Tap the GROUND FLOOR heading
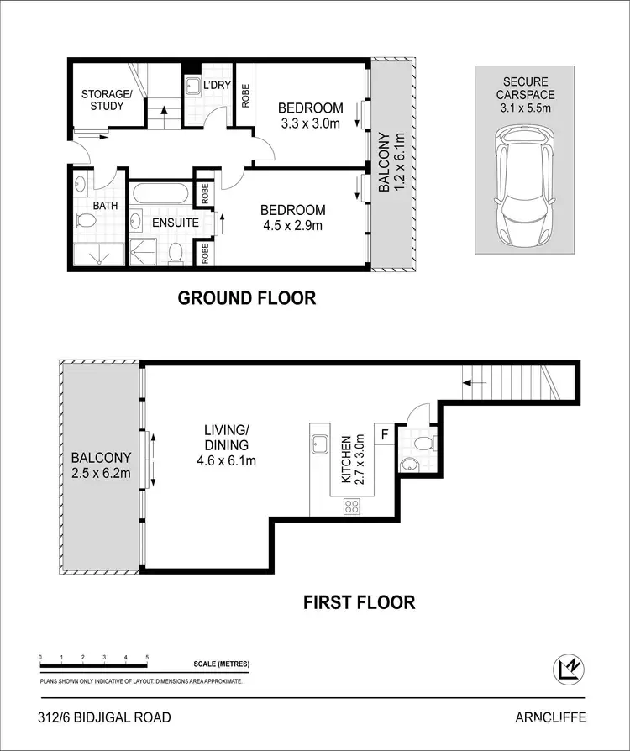click(x=246, y=297)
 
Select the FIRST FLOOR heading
click(x=360, y=601)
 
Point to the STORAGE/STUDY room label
click(x=108, y=100)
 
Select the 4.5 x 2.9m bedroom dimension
click(x=291, y=225)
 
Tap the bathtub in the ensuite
click(x=161, y=192)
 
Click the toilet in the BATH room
click(x=85, y=221)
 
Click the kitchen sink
click(x=320, y=444)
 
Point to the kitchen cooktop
click(x=350, y=506)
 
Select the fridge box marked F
click(x=385, y=434)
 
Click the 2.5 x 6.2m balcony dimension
click(x=100, y=473)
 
